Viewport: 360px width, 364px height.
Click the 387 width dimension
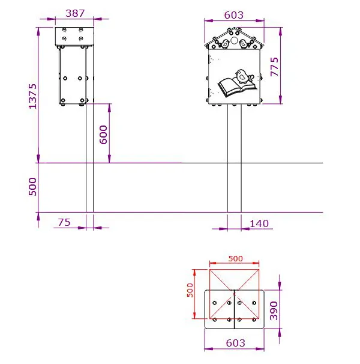75,13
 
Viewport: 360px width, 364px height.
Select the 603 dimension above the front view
234,15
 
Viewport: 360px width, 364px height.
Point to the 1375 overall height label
33,96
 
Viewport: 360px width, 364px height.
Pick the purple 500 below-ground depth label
33,187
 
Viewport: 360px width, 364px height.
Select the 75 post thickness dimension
64,222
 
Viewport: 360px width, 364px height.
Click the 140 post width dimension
259,223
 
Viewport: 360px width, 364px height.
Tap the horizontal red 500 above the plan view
235,258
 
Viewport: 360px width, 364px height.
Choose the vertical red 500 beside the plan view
190,294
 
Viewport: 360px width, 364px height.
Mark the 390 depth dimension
274,309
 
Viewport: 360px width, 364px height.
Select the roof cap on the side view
75,36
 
